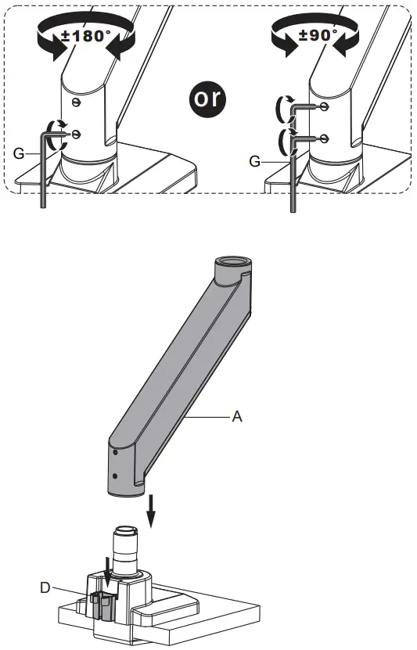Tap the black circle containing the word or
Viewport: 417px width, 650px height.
tap(208, 98)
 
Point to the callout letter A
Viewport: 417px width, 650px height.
tap(237, 417)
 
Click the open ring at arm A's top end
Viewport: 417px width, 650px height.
tap(231, 264)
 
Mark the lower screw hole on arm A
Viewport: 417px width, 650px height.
tap(116, 475)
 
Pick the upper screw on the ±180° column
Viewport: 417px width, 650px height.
tap(75, 102)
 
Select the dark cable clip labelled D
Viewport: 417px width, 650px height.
tap(103, 607)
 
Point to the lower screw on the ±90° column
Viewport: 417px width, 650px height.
tap(324, 138)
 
